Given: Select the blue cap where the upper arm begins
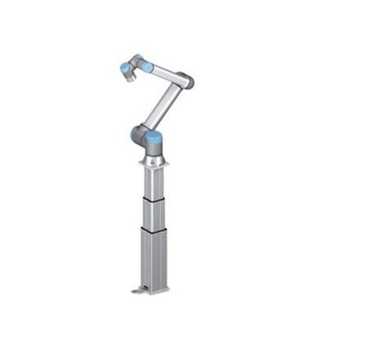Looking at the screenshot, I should [x=147, y=67].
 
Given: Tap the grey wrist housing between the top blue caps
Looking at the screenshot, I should [x=136, y=63].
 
